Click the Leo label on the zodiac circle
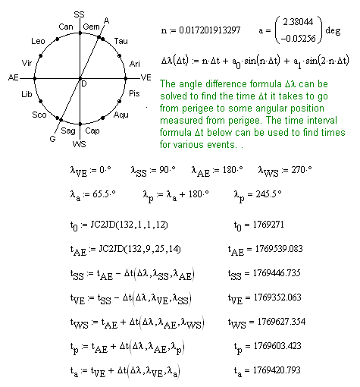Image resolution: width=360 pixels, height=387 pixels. coord(38,40)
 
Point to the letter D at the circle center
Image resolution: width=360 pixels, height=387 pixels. coord(83,82)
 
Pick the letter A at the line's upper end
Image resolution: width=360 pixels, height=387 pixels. coord(106,20)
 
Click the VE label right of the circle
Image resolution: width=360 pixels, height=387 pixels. coord(146,77)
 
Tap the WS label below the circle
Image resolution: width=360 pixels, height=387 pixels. coord(80,143)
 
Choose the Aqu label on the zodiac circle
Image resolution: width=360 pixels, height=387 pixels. coord(121,114)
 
